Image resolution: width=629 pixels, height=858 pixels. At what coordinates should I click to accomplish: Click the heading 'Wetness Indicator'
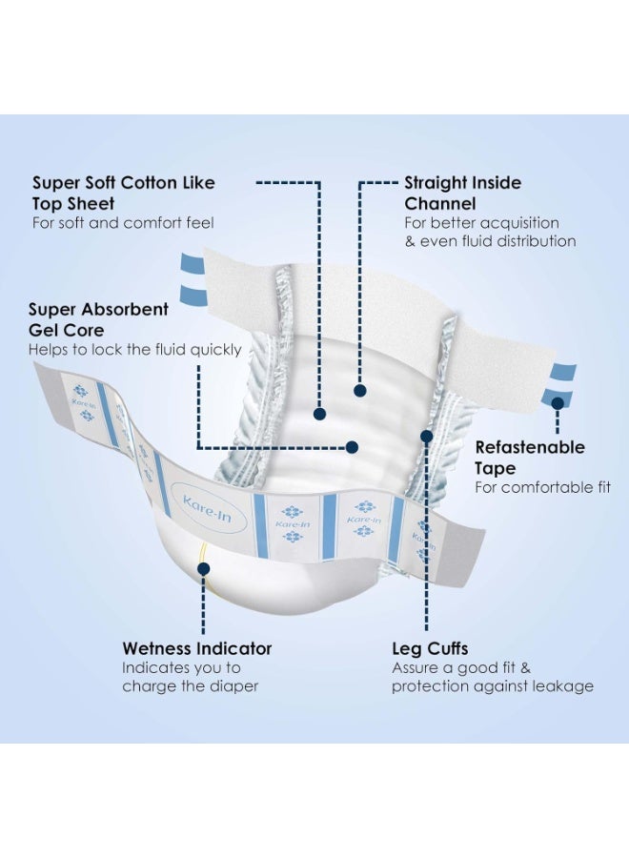coord(197,648)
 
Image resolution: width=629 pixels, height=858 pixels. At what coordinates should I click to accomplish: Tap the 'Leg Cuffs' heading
coord(430,649)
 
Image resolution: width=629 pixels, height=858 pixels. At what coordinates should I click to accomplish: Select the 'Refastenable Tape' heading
coord(530,458)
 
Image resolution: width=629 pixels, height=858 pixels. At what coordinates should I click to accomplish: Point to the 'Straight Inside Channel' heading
coord(463,193)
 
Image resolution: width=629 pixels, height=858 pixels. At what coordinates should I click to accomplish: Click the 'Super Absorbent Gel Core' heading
coord(98,319)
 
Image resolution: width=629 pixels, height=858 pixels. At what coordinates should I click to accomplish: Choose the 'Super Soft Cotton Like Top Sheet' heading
coord(124,193)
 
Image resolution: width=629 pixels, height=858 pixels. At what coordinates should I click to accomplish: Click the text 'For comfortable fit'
coord(542,487)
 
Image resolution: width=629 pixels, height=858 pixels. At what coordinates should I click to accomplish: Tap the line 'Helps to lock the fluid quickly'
coord(135,350)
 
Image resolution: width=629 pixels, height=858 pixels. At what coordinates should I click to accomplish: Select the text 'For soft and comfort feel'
coord(123,223)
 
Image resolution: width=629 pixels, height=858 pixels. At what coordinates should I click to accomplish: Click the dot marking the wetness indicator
coord(203,569)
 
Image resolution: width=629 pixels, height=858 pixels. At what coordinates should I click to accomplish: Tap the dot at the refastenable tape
coord(558,403)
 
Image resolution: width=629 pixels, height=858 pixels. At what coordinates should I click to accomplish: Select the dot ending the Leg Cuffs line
coord(427,436)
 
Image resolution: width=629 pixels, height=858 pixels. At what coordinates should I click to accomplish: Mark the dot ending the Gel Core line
coord(353,447)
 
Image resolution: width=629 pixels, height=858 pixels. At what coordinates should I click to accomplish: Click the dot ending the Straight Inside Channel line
coord(360,391)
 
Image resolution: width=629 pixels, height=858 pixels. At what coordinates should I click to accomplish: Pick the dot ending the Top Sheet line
coord(320,415)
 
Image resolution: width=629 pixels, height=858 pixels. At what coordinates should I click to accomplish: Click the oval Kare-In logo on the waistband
coord(209,509)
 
